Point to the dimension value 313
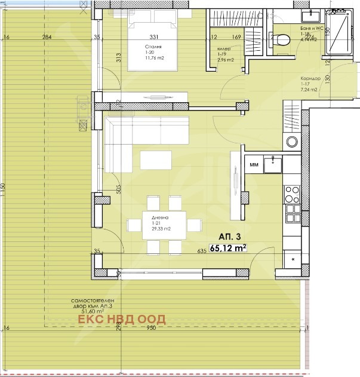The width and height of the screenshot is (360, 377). click(x=119, y=57)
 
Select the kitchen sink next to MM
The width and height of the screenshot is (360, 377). click(x=273, y=163)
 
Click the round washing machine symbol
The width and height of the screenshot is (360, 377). click(x=292, y=142)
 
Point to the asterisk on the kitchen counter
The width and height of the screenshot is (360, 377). click(x=293, y=259)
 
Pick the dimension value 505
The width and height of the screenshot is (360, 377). click(x=118, y=190)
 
